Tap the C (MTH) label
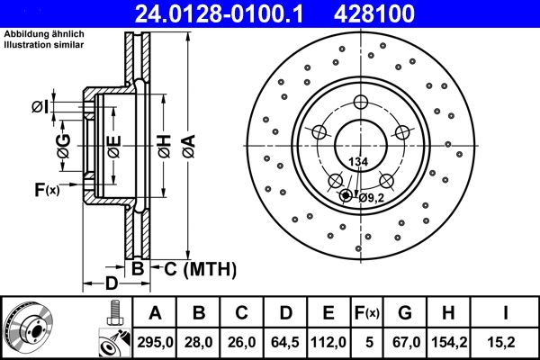tap(199, 267)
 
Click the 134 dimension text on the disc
tap(358, 162)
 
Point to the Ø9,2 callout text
tap(372, 197)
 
